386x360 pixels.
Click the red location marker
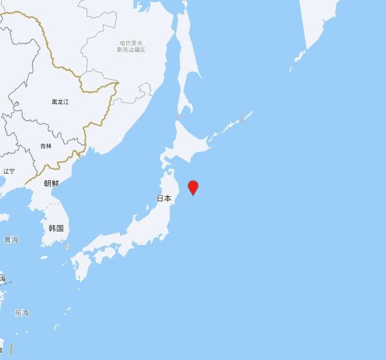point(192,187)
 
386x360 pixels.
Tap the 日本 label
point(164,199)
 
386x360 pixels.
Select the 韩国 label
point(56,228)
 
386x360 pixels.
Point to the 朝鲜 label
point(51,183)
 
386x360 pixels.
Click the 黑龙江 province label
point(60,102)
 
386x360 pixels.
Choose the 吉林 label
point(45,146)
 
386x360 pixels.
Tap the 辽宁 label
point(9,171)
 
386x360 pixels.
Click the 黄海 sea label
point(11,240)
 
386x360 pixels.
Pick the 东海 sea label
point(22,313)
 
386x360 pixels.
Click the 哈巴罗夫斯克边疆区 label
point(131,46)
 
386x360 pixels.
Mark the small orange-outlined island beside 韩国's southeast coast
point(67,246)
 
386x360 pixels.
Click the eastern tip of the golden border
point(118,82)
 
